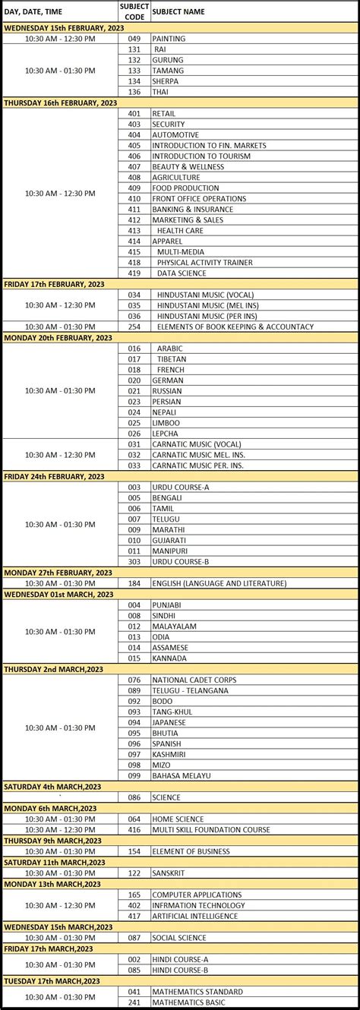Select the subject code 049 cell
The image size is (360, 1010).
[134, 38]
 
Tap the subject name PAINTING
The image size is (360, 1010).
[169, 38]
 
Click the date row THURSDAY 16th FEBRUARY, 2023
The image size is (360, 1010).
[61, 103]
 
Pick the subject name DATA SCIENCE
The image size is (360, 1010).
[182, 273]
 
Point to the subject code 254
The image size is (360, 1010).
[134, 327]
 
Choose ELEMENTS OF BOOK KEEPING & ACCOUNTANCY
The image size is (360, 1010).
[235, 327]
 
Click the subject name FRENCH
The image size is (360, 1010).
[170, 370]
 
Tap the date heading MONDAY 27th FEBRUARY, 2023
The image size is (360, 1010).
[58, 573]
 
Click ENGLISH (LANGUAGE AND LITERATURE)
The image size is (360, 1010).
[219, 583]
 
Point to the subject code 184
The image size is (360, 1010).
[134, 583]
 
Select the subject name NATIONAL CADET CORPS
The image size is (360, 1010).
[194, 680]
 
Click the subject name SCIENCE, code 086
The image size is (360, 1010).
[166, 797]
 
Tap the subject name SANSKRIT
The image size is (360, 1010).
[170, 873]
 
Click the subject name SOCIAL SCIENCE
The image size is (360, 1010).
[178, 938]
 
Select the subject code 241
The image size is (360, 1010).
[134, 1002]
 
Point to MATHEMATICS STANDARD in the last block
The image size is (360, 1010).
[197, 992]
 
